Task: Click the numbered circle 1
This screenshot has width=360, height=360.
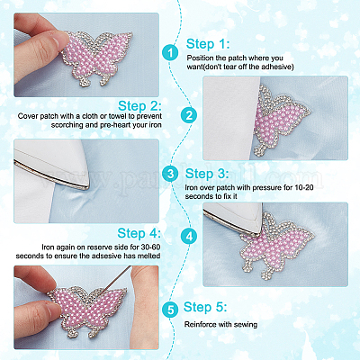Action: (x=171, y=53)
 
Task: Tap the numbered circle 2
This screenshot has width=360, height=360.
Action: (x=189, y=115)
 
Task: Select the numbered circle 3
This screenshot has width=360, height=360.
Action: (x=171, y=174)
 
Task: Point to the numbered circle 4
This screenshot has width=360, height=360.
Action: (x=189, y=237)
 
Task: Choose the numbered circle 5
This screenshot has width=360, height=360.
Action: (x=171, y=309)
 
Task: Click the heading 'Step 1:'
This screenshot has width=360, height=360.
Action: (x=208, y=44)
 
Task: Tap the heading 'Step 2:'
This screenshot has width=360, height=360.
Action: (x=139, y=106)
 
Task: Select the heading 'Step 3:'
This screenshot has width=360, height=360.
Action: (x=207, y=174)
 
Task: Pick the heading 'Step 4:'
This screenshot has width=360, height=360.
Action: (x=139, y=233)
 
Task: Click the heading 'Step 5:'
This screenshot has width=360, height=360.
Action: (x=205, y=307)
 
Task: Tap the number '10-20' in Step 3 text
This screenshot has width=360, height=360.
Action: (x=304, y=188)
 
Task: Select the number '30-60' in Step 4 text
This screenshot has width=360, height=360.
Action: (x=150, y=247)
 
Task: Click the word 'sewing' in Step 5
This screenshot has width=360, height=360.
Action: (x=246, y=325)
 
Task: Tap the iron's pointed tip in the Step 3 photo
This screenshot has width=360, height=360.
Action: (x=86, y=188)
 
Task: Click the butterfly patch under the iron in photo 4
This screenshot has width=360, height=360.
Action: (x=276, y=245)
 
